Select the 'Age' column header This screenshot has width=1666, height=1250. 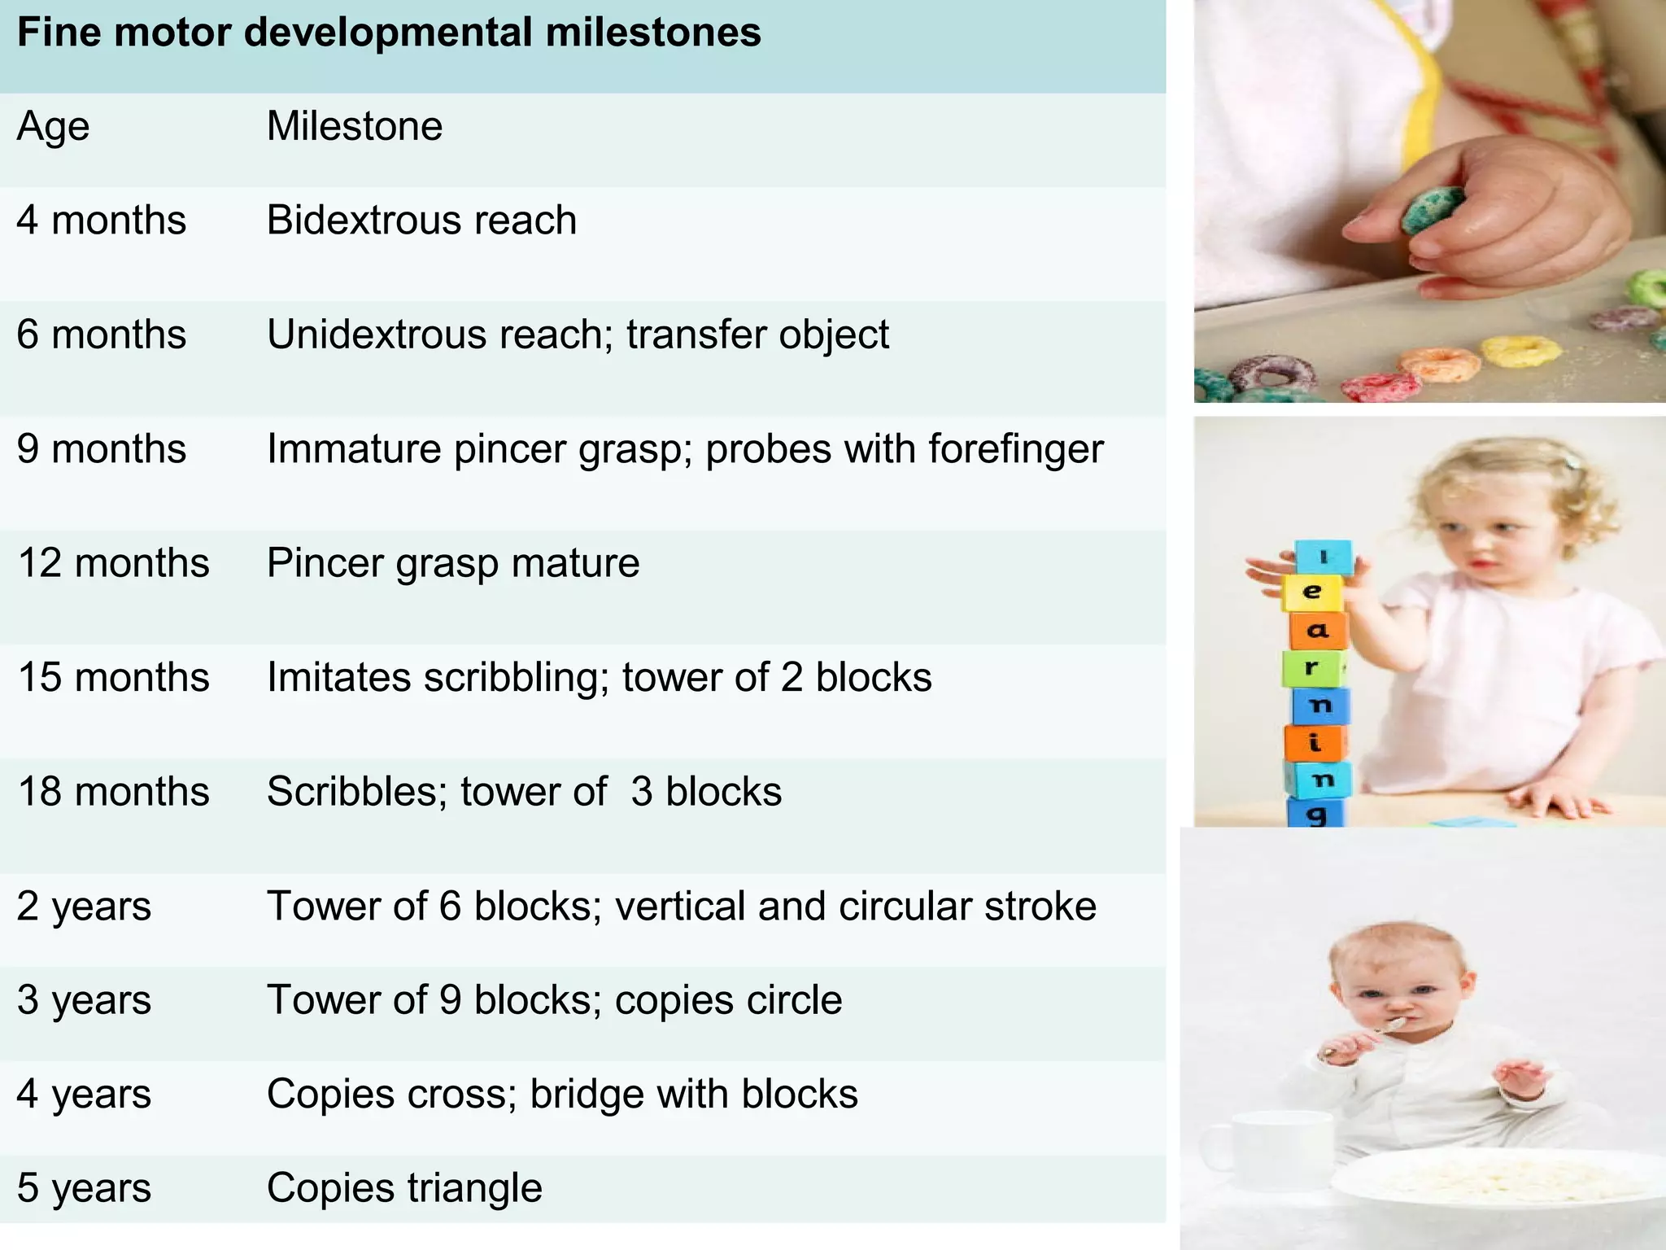[53, 127]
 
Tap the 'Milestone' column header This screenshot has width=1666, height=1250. [355, 127]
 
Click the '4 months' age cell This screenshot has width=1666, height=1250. [102, 221]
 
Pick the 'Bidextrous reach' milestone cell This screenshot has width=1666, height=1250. [421, 221]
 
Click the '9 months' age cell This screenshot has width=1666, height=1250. [102, 449]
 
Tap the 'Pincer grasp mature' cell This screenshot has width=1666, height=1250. [453, 563]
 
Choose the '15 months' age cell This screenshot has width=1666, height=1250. [113, 678]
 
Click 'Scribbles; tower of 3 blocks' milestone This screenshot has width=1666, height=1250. [524, 792]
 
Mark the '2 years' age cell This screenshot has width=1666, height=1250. [84, 907]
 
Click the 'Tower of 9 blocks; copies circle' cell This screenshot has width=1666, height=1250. [554, 1000]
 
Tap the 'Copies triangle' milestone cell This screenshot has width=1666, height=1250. [404, 1188]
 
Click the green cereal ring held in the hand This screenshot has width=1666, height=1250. [1433, 209]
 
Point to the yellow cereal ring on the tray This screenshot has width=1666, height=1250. [1520, 351]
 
